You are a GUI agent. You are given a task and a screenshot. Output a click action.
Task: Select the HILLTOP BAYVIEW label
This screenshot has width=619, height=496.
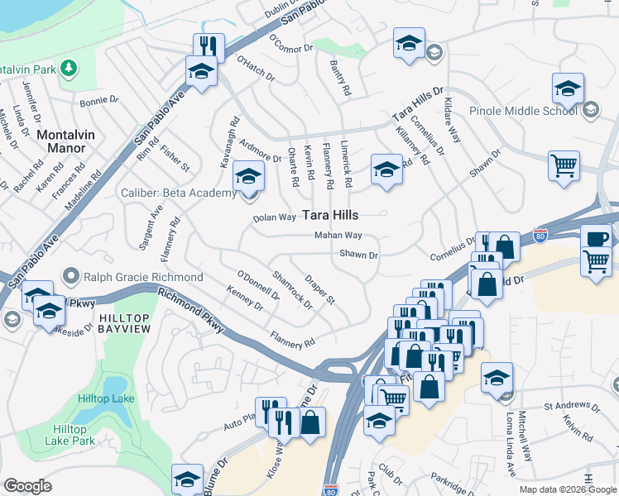point(126,325)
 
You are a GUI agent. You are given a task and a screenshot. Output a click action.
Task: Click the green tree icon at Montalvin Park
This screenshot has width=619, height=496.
point(71,67)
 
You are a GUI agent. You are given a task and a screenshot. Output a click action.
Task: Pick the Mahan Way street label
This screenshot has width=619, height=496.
point(338,236)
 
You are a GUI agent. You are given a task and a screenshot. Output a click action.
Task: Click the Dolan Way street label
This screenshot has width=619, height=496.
point(274,217)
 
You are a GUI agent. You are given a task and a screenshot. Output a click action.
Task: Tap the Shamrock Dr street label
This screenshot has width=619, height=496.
point(292,290)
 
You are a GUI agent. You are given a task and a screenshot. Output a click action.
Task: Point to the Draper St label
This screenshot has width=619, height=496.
point(319,289)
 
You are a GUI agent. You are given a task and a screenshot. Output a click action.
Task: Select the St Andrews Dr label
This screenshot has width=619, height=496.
point(571,407)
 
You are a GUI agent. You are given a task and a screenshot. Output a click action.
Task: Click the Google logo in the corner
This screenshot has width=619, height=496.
point(27,486)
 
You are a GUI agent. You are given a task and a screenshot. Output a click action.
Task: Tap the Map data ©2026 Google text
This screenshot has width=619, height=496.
point(567,489)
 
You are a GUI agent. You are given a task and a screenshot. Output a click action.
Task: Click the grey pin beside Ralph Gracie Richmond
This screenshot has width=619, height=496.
point(74,276)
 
